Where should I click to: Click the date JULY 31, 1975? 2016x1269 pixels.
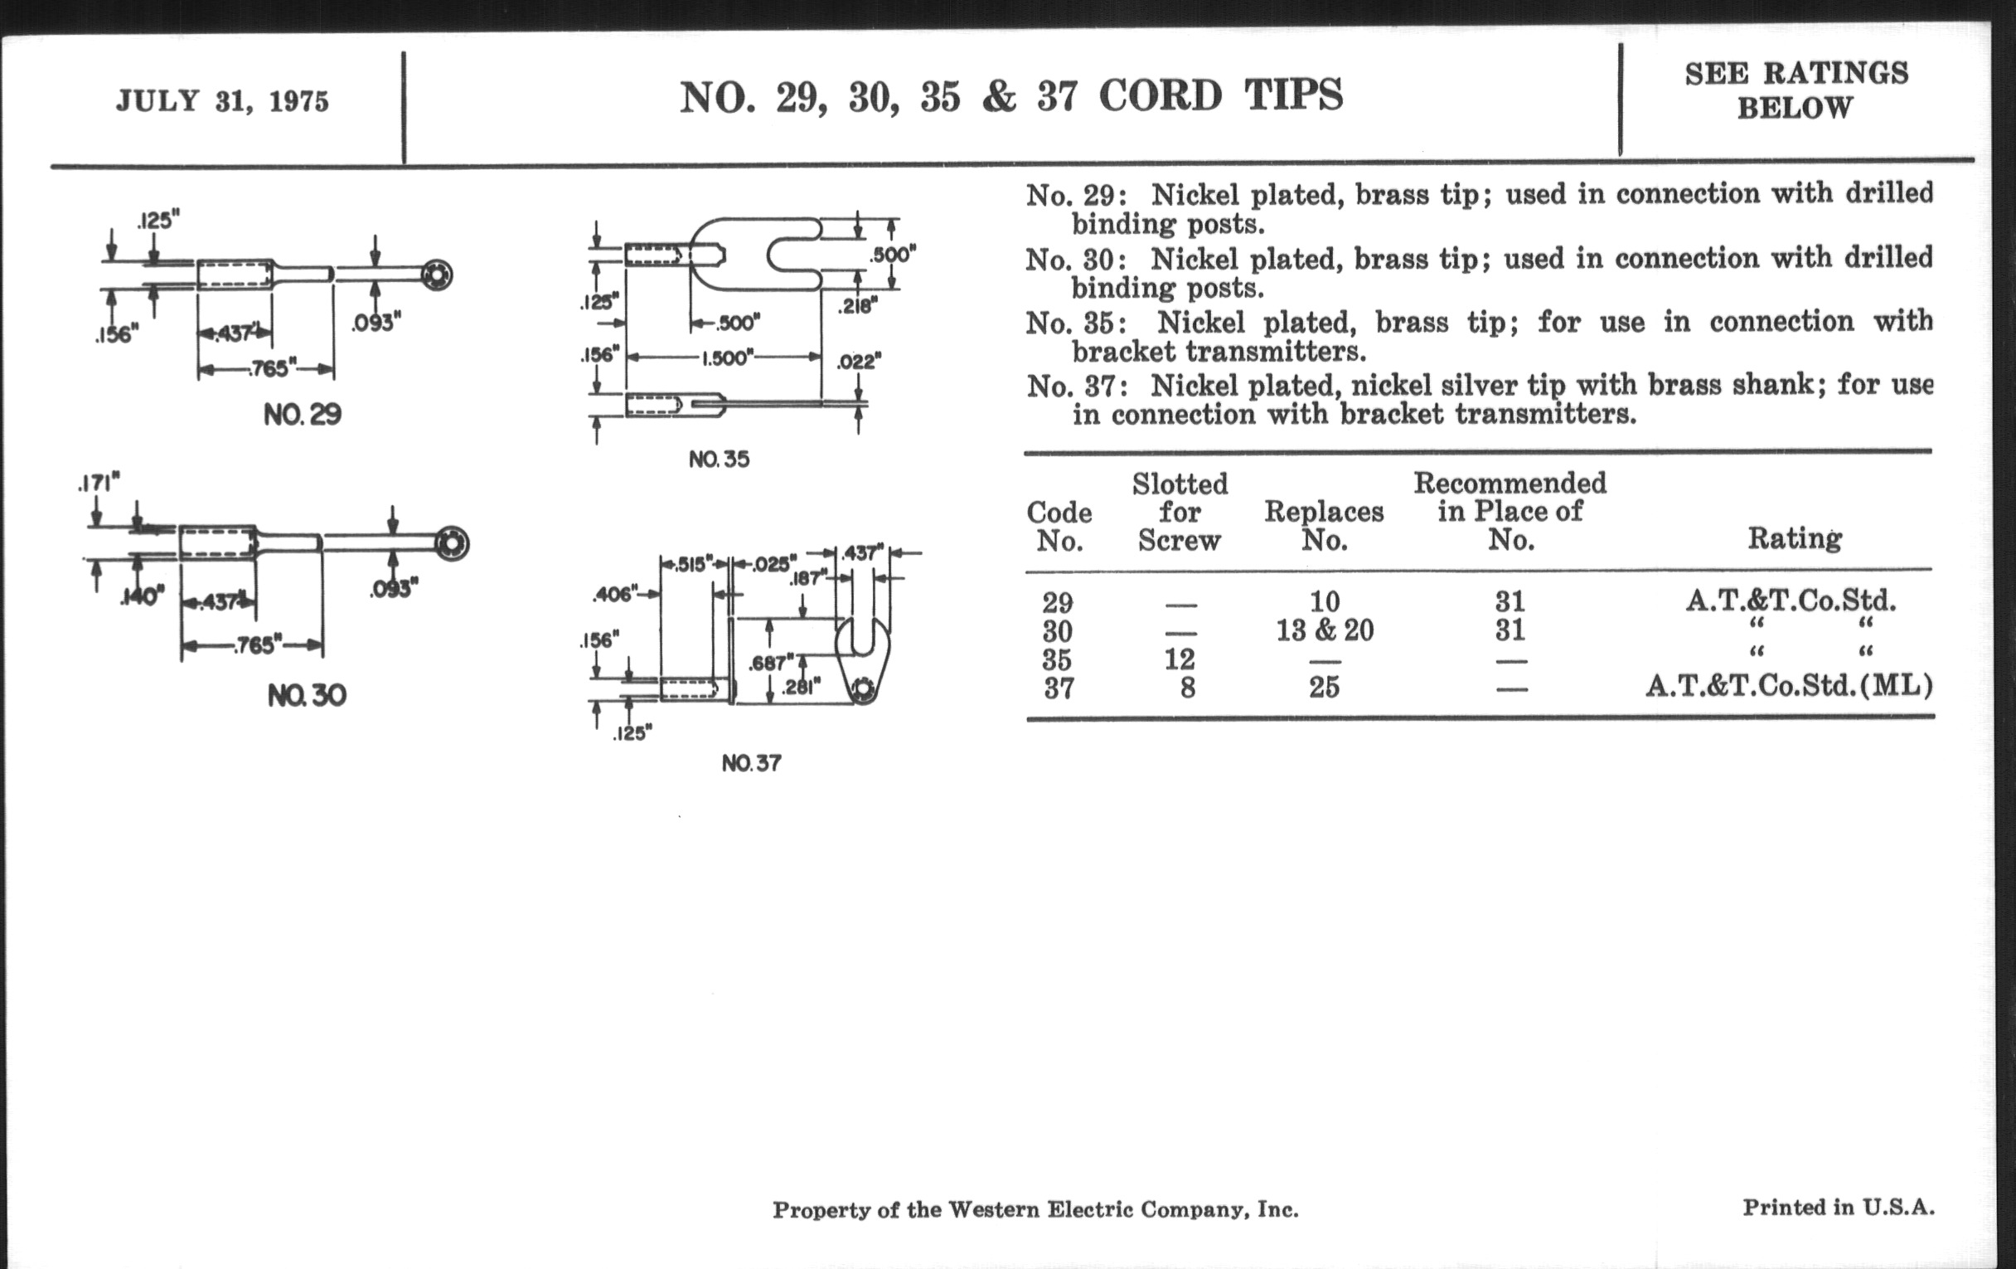pos(222,101)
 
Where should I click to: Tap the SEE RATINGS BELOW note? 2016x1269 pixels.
pos(1795,90)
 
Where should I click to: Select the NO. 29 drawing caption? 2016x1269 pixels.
pos(303,415)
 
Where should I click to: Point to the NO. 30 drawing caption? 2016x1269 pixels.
pos(307,695)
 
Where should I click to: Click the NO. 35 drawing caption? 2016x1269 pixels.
pos(720,459)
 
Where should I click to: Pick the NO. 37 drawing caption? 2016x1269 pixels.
pos(751,763)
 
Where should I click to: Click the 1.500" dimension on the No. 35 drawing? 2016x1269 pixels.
pos(725,357)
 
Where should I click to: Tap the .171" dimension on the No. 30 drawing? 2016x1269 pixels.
pos(99,484)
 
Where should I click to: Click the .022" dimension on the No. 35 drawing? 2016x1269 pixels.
pos(859,362)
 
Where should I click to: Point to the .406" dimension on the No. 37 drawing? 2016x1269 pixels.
pos(614,595)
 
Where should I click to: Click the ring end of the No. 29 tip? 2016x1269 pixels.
pos(437,275)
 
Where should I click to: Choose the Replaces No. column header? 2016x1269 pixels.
pos(1324,525)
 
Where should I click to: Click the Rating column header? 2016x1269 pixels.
pos(1794,537)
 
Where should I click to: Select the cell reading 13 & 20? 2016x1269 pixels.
pos(1325,630)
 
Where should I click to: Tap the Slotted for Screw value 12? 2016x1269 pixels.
pos(1179,659)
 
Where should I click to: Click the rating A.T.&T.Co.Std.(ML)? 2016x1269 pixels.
pos(1789,687)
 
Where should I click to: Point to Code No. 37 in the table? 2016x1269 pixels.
pos(1059,688)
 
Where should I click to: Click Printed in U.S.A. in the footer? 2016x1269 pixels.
pos(1839,1207)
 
